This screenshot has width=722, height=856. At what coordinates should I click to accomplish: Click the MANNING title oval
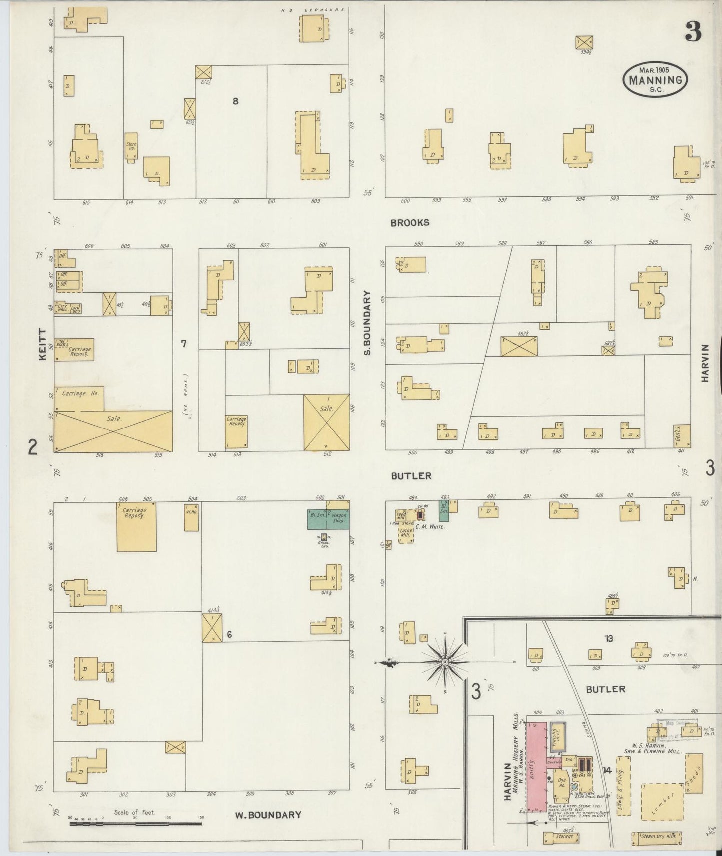point(655,79)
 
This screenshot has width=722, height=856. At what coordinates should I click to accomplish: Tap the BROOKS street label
point(410,223)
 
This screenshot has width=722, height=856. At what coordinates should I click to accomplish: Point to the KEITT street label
point(42,345)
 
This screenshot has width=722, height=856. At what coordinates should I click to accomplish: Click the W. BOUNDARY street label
point(268,815)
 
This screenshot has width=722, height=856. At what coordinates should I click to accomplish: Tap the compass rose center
point(445,662)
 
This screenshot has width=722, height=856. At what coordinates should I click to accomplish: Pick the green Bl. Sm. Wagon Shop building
point(328,519)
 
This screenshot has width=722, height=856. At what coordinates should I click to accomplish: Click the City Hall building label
point(62,308)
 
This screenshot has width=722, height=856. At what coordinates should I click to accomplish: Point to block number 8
point(235,101)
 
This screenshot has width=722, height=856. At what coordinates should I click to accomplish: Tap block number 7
point(183,343)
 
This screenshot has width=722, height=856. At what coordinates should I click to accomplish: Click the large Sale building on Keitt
point(113,430)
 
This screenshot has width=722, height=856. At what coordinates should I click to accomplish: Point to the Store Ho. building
point(131,147)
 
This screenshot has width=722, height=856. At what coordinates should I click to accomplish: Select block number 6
point(229,635)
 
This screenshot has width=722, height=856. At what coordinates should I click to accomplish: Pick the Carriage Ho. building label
point(80,394)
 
